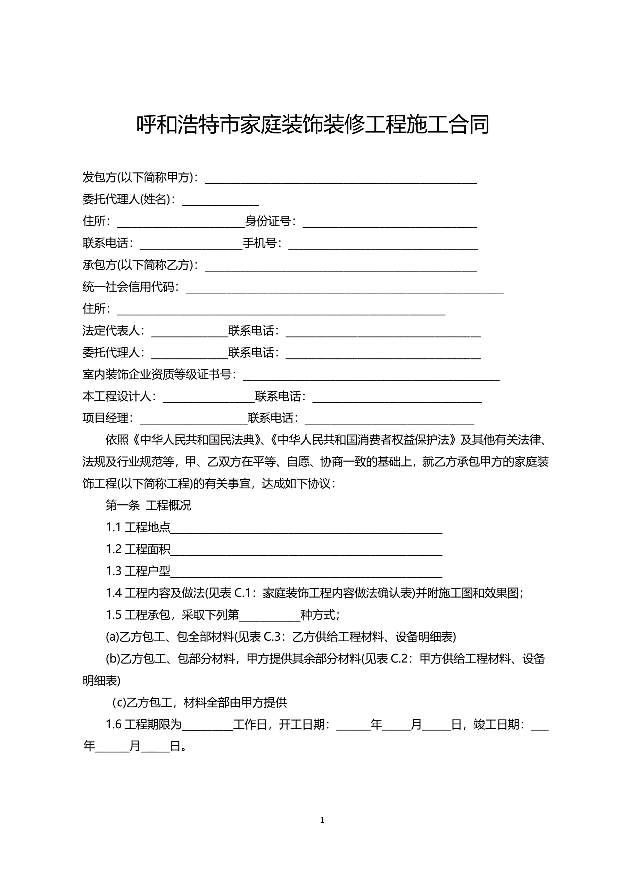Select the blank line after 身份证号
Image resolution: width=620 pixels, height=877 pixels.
click(x=389, y=222)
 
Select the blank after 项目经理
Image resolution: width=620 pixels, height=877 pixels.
click(x=193, y=419)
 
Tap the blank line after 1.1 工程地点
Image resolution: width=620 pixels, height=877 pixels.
click(x=306, y=529)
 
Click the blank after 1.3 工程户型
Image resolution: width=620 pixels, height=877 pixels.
click(x=306, y=572)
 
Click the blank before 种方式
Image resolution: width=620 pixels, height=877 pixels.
click(x=270, y=616)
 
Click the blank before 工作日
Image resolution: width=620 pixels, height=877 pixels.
click(x=207, y=725)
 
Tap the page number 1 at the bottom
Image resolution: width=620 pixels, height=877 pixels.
click(x=322, y=820)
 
